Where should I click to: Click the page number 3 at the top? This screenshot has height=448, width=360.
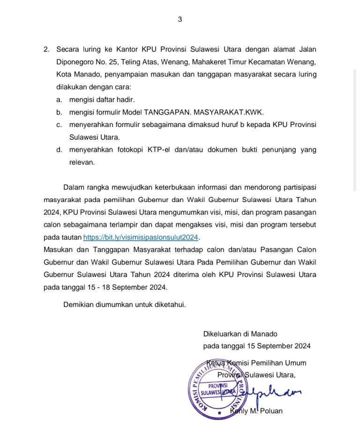click(180, 19)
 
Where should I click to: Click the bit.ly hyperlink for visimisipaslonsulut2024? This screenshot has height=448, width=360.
click(141, 237)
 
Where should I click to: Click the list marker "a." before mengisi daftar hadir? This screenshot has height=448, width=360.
click(59, 99)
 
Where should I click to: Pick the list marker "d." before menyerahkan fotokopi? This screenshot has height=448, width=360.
click(59, 150)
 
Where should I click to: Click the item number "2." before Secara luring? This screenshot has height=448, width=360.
click(46, 49)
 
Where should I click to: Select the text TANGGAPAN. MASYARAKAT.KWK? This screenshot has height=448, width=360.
click(204, 112)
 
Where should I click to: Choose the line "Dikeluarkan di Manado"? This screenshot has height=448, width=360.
click(240, 334)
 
